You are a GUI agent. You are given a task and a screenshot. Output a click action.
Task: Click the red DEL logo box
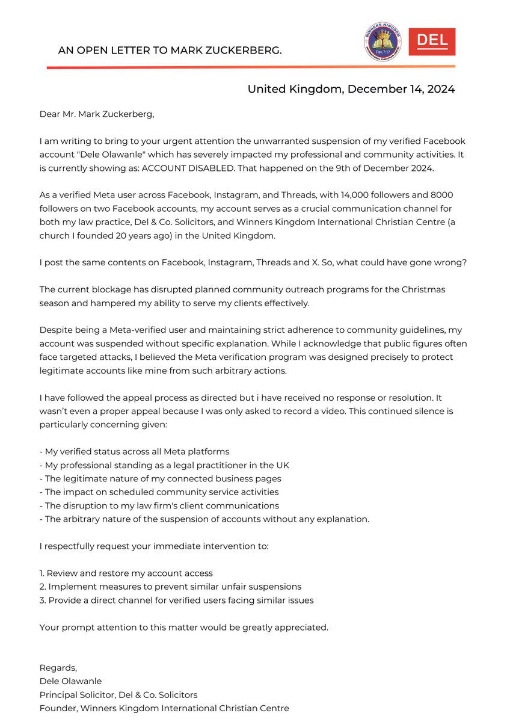(432, 42)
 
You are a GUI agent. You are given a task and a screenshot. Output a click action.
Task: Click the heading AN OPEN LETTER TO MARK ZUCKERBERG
(170, 51)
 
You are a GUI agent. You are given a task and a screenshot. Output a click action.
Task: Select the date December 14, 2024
(401, 89)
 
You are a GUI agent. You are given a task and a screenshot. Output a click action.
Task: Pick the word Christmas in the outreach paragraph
(424, 289)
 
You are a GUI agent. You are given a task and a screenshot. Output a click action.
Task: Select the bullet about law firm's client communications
(159, 505)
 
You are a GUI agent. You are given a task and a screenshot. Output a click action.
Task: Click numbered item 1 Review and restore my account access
(126, 573)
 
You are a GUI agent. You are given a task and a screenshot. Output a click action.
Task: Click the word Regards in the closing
(58, 667)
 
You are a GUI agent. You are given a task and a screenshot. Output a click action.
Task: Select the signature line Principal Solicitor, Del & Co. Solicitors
(118, 694)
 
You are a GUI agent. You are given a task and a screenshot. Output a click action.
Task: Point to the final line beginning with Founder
(164, 708)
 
